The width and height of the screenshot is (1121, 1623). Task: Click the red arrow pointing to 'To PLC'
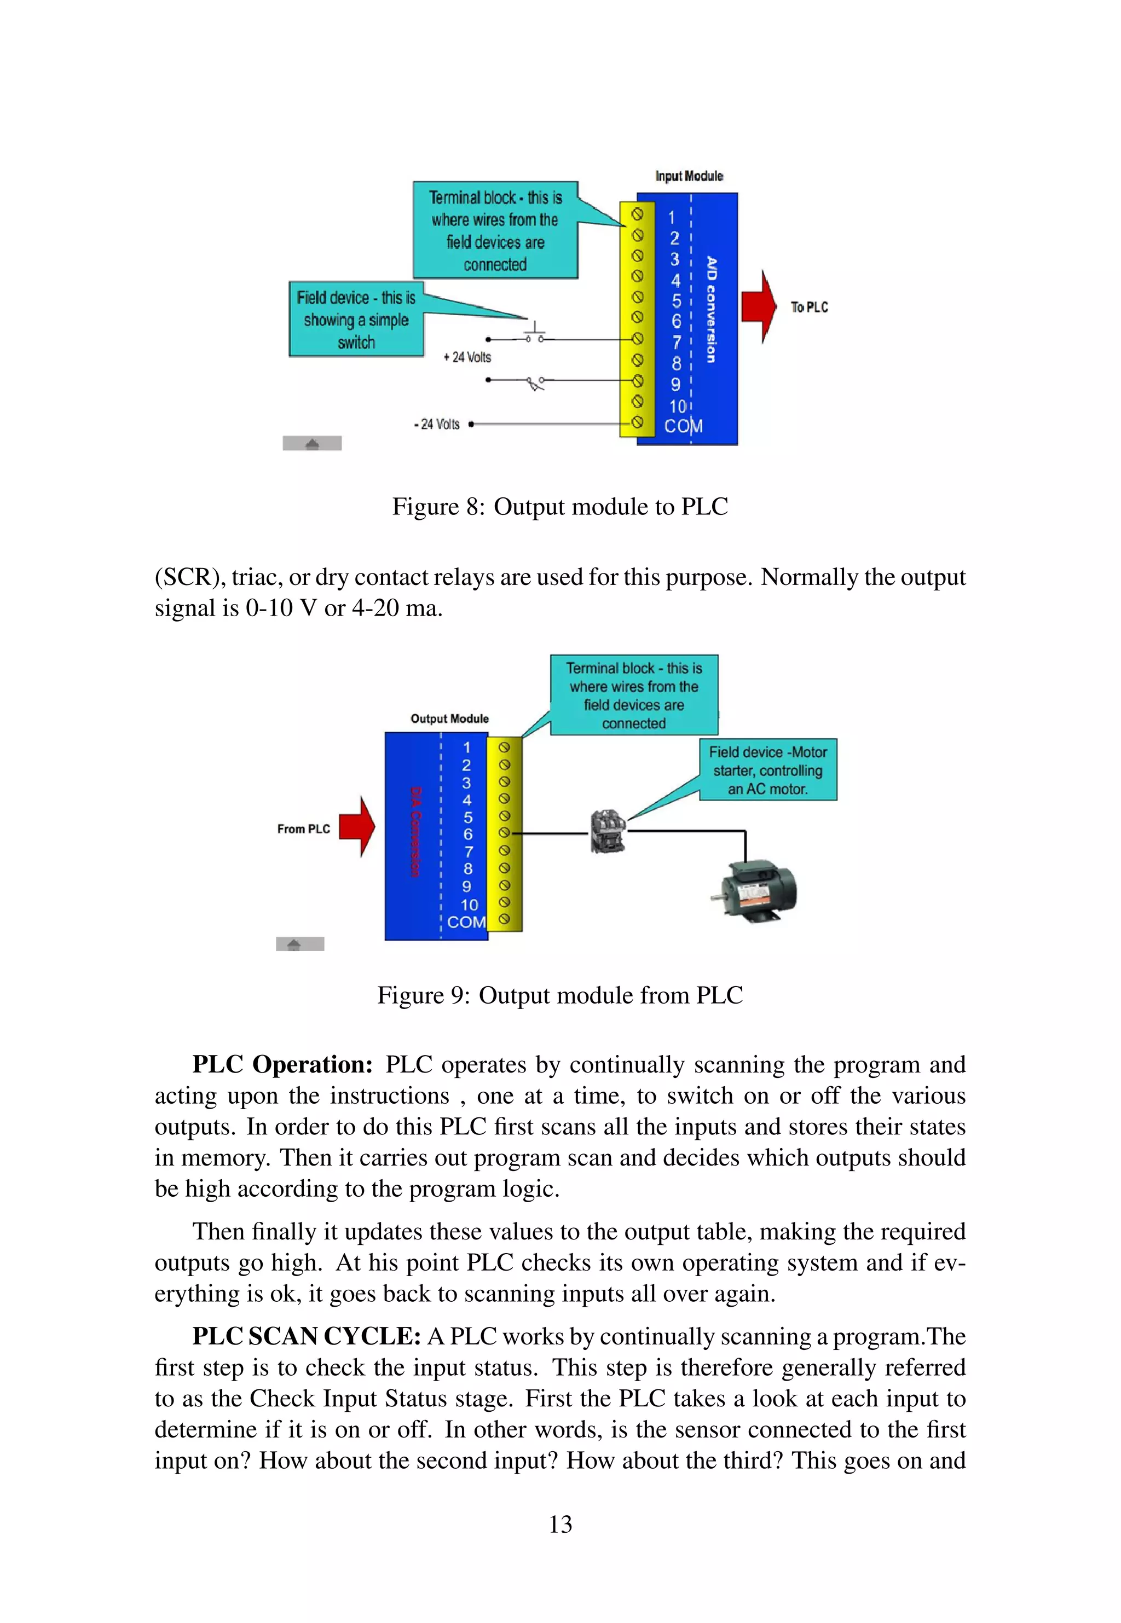(x=759, y=307)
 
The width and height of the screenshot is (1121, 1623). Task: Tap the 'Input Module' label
(x=689, y=176)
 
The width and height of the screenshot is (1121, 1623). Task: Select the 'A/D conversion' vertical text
(x=712, y=310)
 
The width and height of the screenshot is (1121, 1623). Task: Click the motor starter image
(x=608, y=831)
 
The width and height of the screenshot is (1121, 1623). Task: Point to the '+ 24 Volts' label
(x=467, y=357)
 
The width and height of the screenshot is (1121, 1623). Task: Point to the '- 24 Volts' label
(x=437, y=424)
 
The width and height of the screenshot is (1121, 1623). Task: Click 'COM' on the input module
(x=683, y=426)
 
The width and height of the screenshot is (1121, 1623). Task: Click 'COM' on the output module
(x=466, y=921)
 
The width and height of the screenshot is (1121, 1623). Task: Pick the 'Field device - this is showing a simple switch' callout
(x=356, y=320)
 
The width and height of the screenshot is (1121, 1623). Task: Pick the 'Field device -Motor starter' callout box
(x=768, y=770)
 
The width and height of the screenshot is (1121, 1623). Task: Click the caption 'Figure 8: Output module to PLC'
(x=560, y=507)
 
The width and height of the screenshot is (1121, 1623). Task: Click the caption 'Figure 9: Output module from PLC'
(x=560, y=995)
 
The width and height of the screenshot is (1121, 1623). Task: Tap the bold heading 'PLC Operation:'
(x=282, y=1064)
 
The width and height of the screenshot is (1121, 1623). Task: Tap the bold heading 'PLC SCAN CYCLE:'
(x=306, y=1336)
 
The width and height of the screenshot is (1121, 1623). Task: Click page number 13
(x=560, y=1524)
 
